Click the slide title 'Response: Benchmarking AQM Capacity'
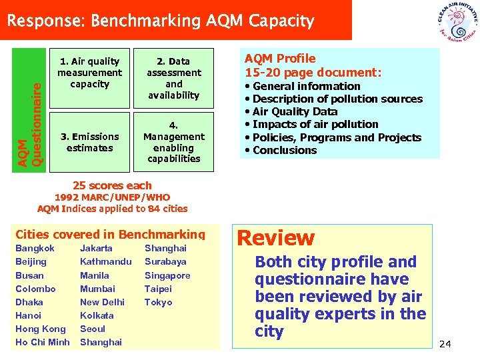point(160,21)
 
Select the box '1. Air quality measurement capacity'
point(89,73)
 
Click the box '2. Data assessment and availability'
point(174,78)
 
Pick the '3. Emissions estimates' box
point(89,142)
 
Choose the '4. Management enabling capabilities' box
point(174,142)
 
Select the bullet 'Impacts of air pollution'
point(311,124)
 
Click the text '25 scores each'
point(113,185)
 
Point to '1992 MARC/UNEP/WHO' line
point(112,197)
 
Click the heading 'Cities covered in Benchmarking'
point(110,234)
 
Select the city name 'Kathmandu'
point(105,261)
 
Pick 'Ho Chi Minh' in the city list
point(42,342)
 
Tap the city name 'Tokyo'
point(158,302)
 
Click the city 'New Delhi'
point(102,302)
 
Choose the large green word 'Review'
point(275,238)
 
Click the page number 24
point(445,344)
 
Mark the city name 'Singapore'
point(167,275)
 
